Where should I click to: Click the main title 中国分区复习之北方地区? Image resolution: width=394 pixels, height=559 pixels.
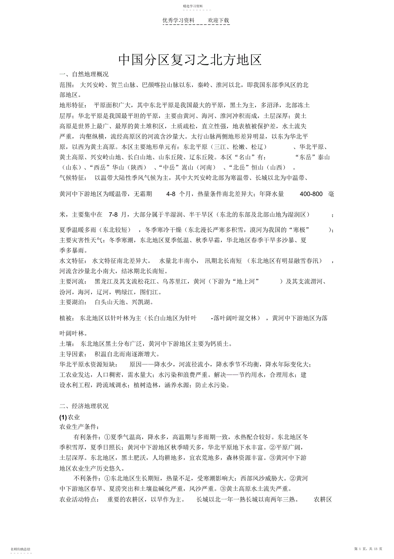[190, 60]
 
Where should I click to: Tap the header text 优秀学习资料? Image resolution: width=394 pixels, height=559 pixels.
[179, 20]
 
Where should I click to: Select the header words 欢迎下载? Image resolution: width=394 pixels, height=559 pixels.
[219, 20]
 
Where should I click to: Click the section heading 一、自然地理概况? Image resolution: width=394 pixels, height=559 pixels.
[84, 75]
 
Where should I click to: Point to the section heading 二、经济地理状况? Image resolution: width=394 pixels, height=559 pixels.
[84, 406]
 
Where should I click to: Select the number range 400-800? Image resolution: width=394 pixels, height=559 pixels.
[311, 194]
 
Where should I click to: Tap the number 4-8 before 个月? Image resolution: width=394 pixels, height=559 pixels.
[171, 194]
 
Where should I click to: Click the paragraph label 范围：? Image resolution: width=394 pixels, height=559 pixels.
[68, 85]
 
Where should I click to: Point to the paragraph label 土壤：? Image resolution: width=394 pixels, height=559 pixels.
[68, 344]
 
